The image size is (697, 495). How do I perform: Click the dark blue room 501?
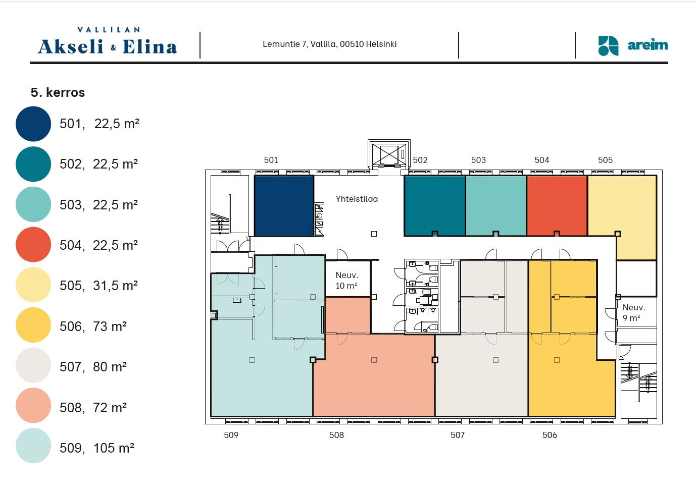pyautogui.click(x=284, y=206)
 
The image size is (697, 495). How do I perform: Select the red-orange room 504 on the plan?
pyautogui.click(x=557, y=205)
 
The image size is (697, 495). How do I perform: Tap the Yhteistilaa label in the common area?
pyautogui.click(x=357, y=199)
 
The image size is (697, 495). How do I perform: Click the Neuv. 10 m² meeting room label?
pyautogui.click(x=346, y=280)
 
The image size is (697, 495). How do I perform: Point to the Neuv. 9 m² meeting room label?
pyautogui.click(x=634, y=312)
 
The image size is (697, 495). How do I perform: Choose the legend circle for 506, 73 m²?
pyautogui.click(x=33, y=325)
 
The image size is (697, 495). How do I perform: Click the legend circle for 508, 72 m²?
pyautogui.click(x=33, y=405)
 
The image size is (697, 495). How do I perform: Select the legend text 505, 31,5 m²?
pyautogui.click(x=98, y=286)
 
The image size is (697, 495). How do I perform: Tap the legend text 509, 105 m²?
pyautogui.click(x=97, y=448)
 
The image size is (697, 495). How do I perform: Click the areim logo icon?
pyautogui.click(x=608, y=46)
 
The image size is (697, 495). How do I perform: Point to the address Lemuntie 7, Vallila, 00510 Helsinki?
pyautogui.click(x=329, y=44)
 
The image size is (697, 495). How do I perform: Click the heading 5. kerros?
pyautogui.click(x=58, y=92)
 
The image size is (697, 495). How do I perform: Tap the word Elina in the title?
pyautogui.click(x=150, y=47)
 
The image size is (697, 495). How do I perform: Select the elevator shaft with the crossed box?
pyautogui.click(x=389, y=154)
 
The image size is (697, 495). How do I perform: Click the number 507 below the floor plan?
pyautogui.click(x=458, y=435)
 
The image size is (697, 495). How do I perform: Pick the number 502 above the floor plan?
pyautogui.click(x=420, y=160)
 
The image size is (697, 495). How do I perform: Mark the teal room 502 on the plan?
pyautogui.click(x=435, y=205)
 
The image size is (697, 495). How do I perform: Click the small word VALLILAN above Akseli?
pyautogui.click(x=109, y=30)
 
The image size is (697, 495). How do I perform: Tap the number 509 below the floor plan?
pyautogui.click(x=231, y=435)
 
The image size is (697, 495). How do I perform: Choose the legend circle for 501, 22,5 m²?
pyautogui.click(x=33, y=124)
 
